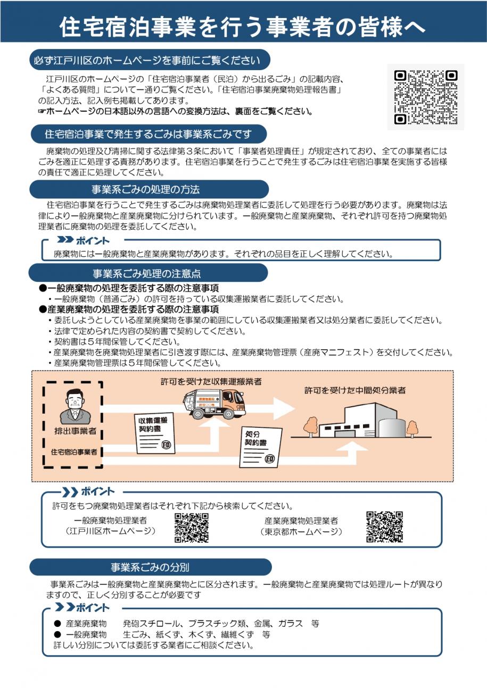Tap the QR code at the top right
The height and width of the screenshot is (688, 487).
tap(425, 97)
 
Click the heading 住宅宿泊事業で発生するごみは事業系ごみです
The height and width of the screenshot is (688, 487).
tap(148, 134)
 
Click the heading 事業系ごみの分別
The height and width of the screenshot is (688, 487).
tap(150, 567)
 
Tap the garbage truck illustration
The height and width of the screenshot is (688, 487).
tap(213, 404)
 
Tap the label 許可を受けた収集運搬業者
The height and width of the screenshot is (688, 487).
tap(211, 382)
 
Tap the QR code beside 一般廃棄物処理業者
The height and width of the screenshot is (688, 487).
tap(191, 527)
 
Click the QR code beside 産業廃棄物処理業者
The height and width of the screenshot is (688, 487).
tap(384, 527)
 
